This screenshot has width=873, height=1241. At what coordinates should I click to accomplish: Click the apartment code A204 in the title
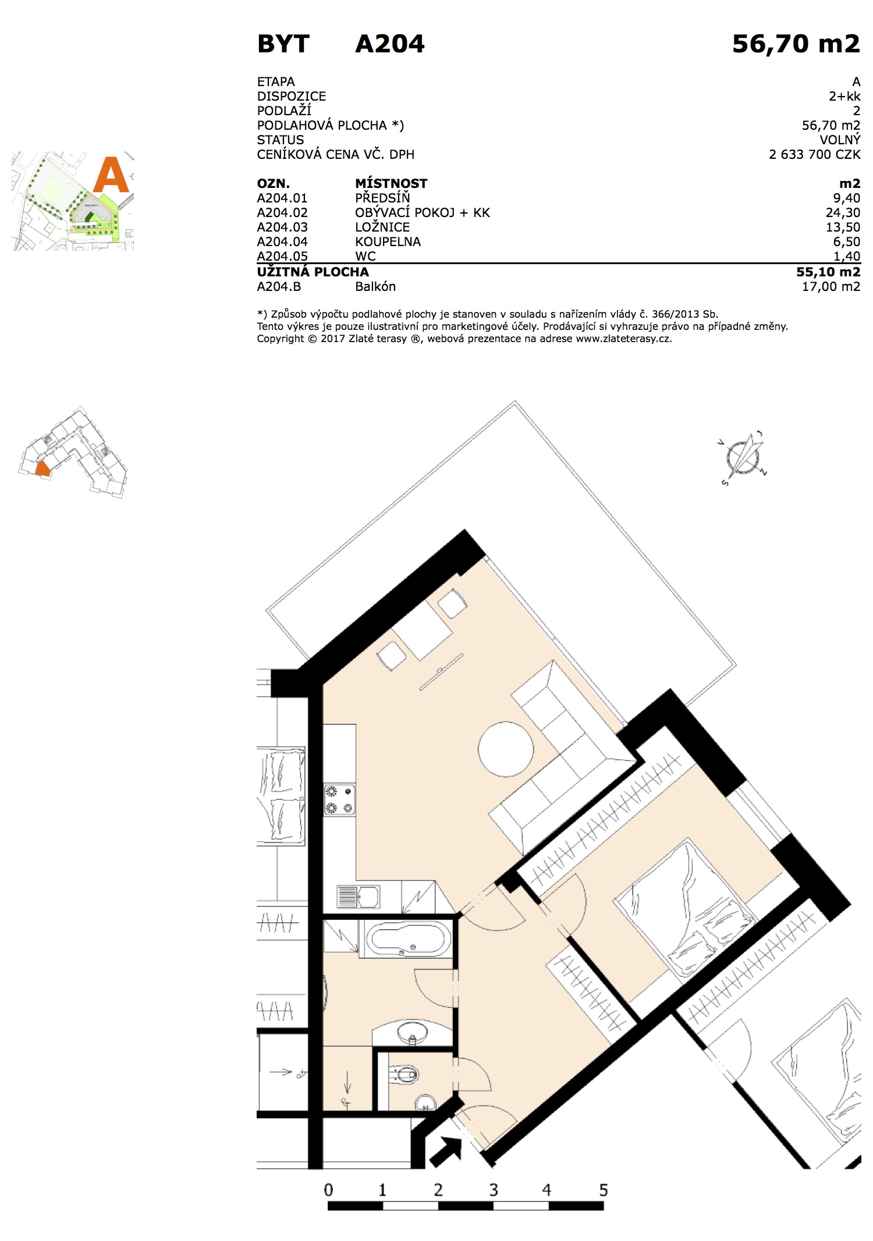[x=390, y=44]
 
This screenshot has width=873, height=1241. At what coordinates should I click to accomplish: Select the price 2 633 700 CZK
[x=814, y=154]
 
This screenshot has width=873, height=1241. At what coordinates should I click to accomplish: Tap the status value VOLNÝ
[x=840, y=140]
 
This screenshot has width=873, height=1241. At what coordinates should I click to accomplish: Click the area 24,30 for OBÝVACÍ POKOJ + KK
[x=843, y=213]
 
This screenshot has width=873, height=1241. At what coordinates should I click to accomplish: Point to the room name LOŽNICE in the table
[x=382, y=227]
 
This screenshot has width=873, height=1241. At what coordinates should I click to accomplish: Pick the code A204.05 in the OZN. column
[x=282, y=256]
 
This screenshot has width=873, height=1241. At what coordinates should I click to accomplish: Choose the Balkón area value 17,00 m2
[x=831, y=286]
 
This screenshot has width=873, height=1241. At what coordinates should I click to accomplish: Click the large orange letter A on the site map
[x=111, y=175]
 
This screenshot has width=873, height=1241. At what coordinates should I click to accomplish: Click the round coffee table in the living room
[x=506, y=749]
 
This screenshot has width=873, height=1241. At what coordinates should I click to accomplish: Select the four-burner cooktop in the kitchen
[x=340, y=799]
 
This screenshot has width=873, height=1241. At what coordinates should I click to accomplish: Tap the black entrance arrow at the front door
[x=446, y=1151]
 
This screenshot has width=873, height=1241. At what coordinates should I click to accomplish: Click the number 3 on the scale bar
[x=494, y=1190]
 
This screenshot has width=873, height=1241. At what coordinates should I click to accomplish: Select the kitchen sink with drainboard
[x=359, y=897]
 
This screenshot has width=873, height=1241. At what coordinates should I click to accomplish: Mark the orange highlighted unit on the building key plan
[x=42, y=468]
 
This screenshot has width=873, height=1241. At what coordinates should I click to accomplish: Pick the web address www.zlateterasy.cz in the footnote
[x=623, y=339]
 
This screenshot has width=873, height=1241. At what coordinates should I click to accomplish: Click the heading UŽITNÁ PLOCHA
[x=313, y=272]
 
